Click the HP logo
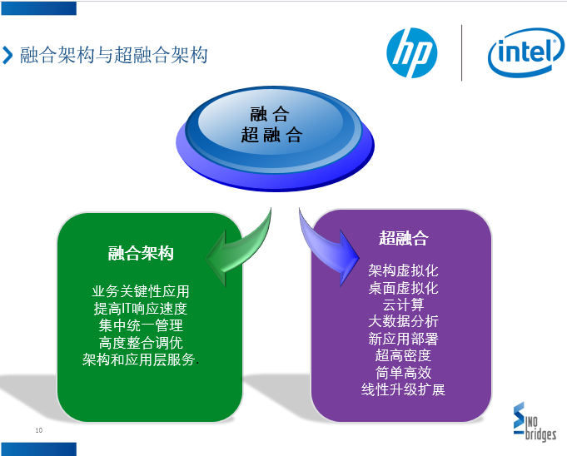[412, 52]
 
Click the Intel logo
[525, 52]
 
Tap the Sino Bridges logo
[535, 421]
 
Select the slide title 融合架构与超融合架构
[113, 55]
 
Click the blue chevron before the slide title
[7, 55]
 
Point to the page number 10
[38, 430]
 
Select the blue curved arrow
[326, 250]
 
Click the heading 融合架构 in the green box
[141, 253]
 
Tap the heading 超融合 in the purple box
[404, 238]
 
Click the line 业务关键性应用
[141, 291]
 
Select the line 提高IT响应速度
[141, 309]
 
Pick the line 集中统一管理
[141, 325]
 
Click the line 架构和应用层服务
[139, 359]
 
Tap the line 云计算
[403, 305]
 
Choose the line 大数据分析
[403, 321]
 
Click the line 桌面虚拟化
[403, 288]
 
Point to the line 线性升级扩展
[403, 389]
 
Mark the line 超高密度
[403, 355]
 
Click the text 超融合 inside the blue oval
[271, 135]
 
